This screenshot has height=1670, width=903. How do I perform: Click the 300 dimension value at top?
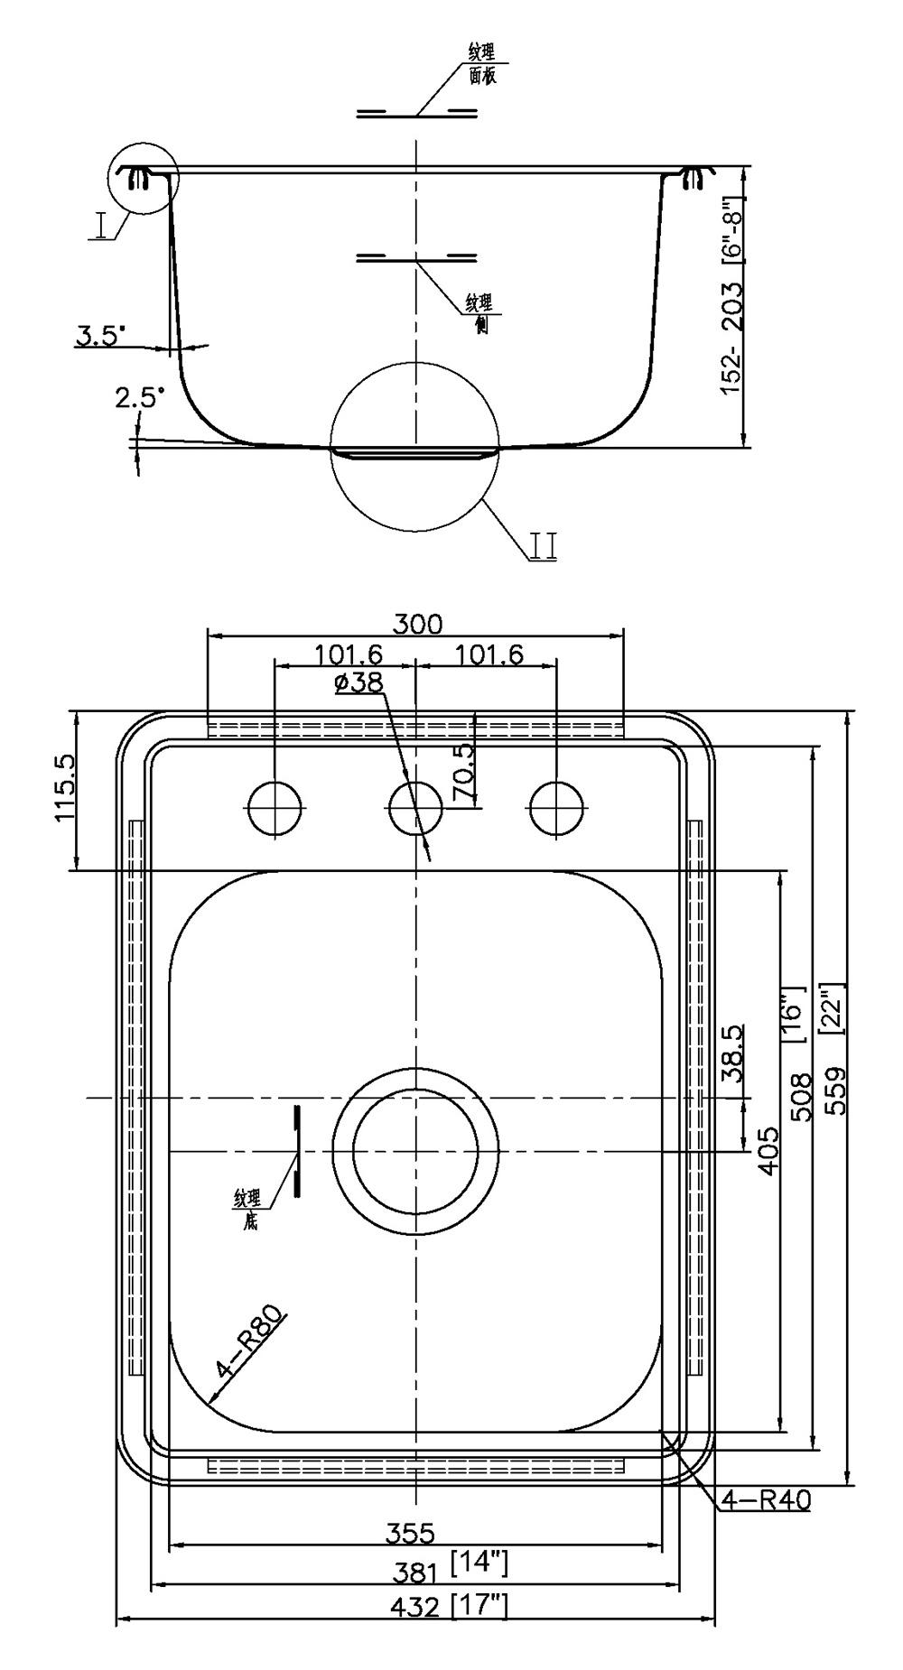416,624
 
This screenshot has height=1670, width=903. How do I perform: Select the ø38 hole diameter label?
358,683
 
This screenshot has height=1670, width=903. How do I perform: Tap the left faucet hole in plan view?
275,808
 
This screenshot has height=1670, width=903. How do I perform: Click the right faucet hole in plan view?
555,808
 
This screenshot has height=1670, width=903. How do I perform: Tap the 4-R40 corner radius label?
767,1500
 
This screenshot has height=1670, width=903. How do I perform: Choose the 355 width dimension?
411,1532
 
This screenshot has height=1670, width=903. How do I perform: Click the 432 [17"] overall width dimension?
449,1607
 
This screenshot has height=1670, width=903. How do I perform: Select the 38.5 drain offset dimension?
733,1054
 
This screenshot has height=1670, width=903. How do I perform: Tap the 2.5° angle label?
140,397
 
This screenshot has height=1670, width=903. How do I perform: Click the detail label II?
542,545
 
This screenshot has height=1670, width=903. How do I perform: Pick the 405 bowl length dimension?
768,1151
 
